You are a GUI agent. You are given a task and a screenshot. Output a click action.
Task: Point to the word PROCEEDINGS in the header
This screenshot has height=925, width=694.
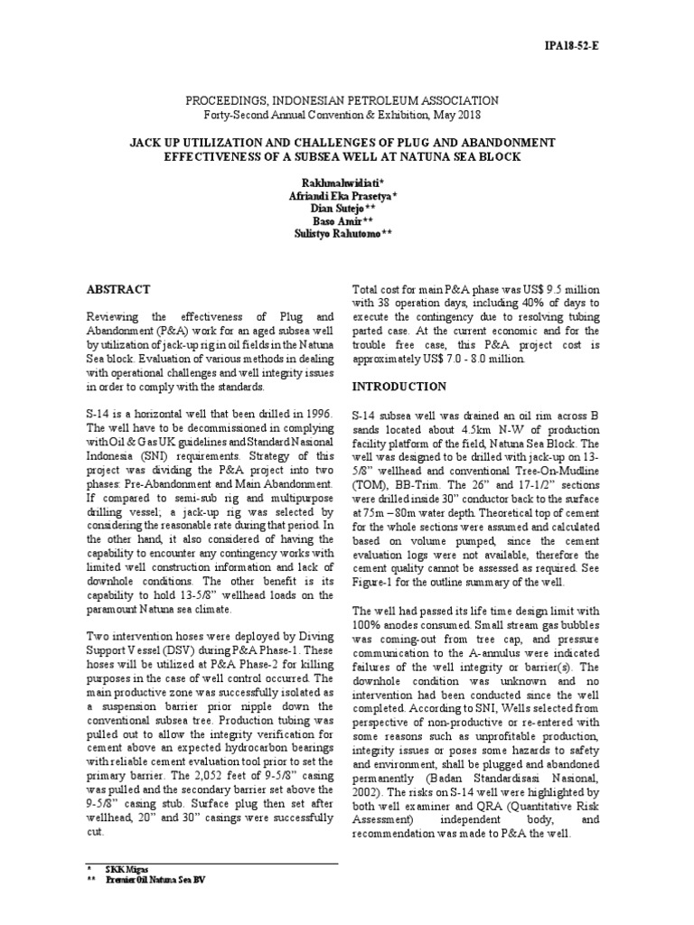coord(221,101)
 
